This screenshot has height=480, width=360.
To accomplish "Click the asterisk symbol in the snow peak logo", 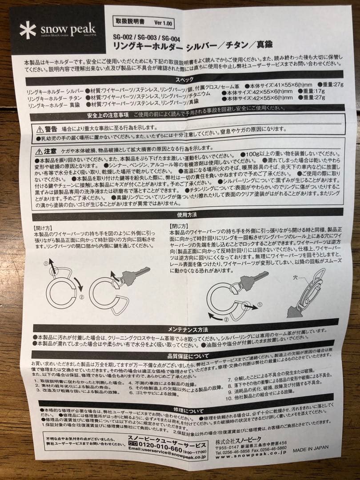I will tap(28, 30).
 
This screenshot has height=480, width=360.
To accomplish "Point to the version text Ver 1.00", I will tap(164, 22).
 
